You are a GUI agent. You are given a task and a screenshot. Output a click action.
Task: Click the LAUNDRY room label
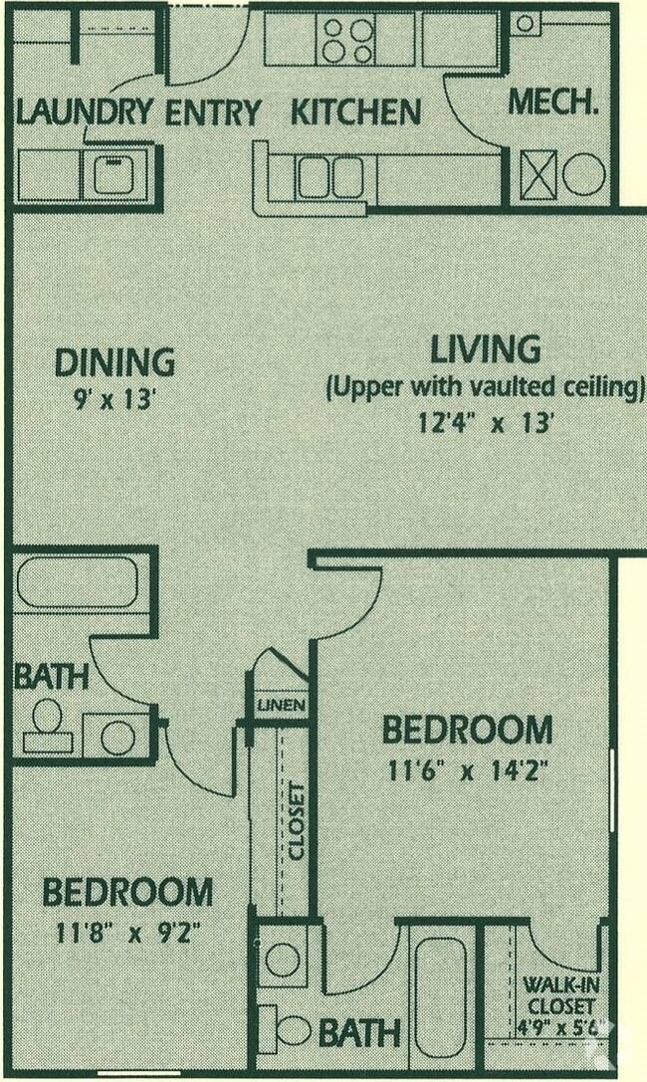click(x=85, y=112)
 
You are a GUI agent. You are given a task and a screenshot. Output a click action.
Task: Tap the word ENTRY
click(x=212, y=112)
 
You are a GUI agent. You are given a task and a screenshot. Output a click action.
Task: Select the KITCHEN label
click(x=355, y=112)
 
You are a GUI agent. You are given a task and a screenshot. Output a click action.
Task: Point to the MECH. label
click(x=553, y=102)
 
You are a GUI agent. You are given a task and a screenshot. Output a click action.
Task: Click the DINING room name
click(x=114, y=362)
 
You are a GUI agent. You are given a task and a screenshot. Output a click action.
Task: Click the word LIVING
click(x=485, y=350)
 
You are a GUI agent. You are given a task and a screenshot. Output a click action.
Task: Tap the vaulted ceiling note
click(x=485, y=387)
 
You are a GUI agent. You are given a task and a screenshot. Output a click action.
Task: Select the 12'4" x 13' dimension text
click(x=485, y=422)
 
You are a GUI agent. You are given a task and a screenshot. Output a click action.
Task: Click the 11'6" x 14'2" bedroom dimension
click(x=466, y=771)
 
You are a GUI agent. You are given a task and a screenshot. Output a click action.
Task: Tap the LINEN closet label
click(x=281, y=706)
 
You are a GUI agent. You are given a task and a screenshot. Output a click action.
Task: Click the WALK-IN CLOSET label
click(x=558, y=997)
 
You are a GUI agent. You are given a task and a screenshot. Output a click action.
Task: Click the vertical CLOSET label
click(x=296, y=821)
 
